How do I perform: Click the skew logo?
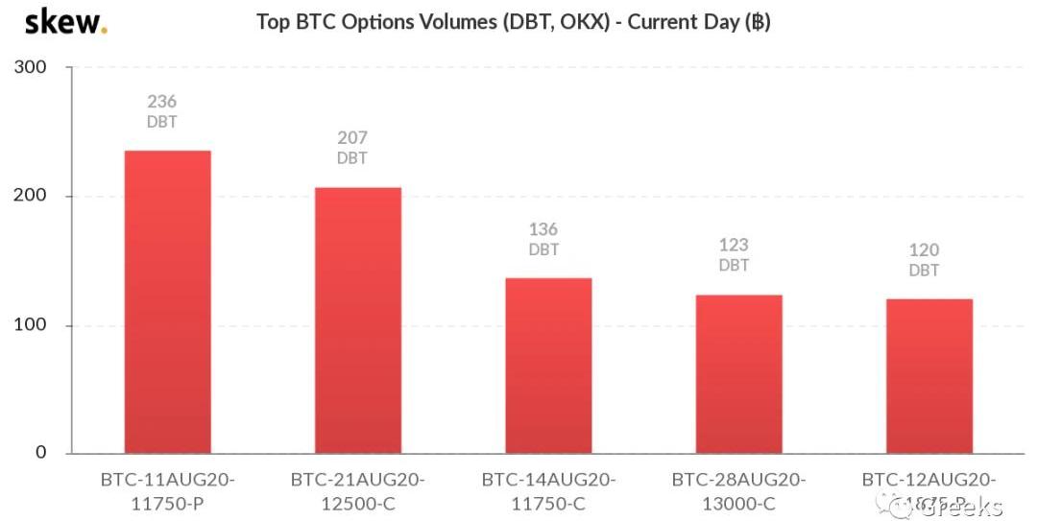[64, 21]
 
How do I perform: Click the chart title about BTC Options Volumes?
[513, 21]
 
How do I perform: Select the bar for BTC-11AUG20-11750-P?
[168, 301]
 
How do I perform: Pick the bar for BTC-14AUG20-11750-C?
[548, 366]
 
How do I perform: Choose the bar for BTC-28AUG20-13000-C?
[738, 373]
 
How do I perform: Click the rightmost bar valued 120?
[928, 375]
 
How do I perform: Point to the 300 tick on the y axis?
[31, 68]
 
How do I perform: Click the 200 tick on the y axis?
[31, 196]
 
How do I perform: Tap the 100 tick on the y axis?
[31, 325]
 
